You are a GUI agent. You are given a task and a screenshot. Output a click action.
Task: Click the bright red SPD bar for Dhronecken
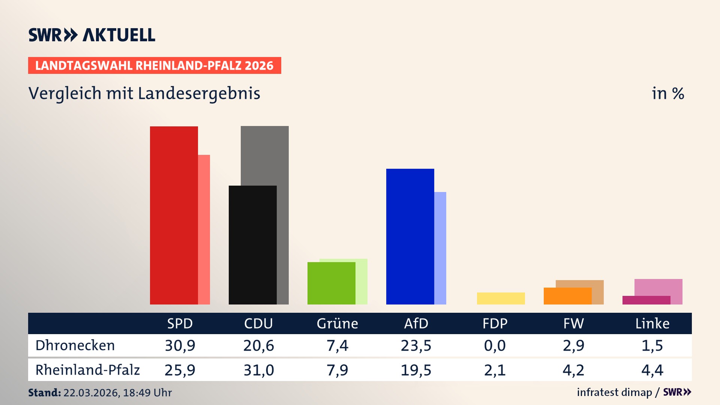[x=174, y=215]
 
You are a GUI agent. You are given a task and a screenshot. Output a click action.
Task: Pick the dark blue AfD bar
[x=410, y=236]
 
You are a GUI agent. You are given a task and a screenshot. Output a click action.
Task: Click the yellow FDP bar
[x=501, y=298]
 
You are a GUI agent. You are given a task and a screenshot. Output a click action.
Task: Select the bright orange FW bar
[x=567, y=296]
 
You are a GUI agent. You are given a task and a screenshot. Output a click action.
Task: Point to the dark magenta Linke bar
[x=646, y=300]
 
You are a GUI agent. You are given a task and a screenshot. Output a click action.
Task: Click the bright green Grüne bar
[x=331, y=283]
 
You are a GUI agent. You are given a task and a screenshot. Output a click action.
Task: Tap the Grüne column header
[x=337, y=324]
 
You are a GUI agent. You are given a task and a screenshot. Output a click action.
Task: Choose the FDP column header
[x=495, y=324]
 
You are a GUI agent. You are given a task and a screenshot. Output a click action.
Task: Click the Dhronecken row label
[x=75, y=345]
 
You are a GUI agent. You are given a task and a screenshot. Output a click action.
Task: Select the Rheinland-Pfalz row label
[x=87, y=370]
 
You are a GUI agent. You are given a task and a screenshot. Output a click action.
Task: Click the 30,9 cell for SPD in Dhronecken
[x=180, y=345]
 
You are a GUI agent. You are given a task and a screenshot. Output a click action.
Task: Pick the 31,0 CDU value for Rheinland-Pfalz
[x=259, y=370]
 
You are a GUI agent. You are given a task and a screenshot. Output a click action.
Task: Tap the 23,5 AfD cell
[x=416, y=345]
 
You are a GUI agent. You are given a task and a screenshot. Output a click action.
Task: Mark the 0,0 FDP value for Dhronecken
[x=495, y=345]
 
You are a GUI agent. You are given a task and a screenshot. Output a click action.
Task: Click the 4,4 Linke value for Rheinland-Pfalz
[x=652, y=370]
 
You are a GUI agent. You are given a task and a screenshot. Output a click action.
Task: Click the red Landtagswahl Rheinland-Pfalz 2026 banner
[x=154, y=66]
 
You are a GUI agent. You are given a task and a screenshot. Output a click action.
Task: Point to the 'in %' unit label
[x=668, y=93]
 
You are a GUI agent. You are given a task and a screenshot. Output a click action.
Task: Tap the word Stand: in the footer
[x=44, y=393]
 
